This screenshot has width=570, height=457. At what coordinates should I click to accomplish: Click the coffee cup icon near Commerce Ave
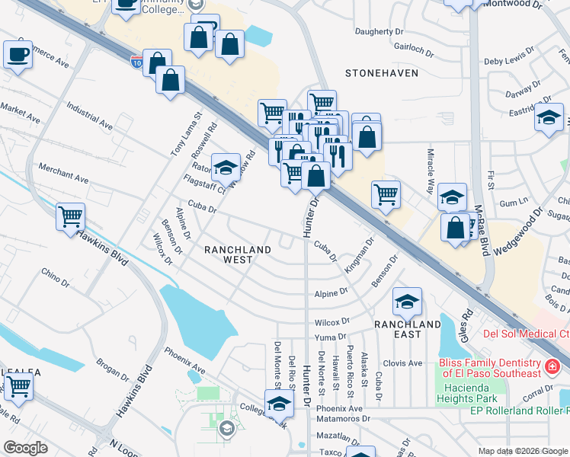pos(17,54)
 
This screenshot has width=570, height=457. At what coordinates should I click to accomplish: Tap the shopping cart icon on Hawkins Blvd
pos(71,216)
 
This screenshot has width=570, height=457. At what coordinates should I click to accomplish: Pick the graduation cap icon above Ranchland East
pos(408,302)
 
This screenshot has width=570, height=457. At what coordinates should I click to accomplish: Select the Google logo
pos(25,448)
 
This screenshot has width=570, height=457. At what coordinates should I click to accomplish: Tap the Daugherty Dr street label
pos(379,32)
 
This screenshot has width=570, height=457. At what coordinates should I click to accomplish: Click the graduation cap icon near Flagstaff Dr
pos(226,167)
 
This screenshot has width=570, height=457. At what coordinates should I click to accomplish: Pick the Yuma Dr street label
pos(330,336)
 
